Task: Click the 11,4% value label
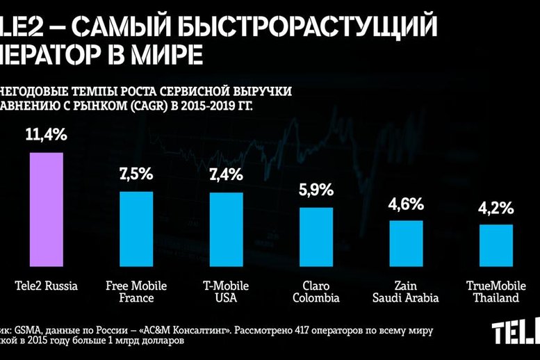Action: click(47, 135)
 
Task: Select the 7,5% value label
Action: click(137, 174)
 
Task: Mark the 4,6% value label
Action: click(406, 204)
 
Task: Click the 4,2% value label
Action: click(496, 208)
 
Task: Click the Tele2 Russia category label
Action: click(47, 286)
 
